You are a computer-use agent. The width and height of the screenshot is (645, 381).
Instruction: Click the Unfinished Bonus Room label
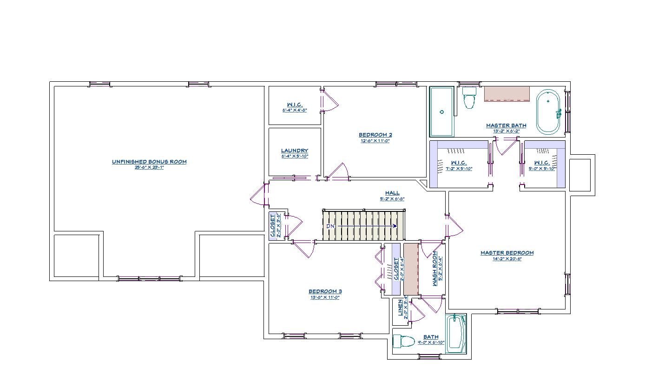pyautogui.click(x=149, y=162)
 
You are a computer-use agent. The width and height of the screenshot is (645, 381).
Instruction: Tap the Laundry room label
pyautogui.click(x=294, y=151)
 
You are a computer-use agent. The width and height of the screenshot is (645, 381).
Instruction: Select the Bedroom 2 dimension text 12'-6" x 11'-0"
pyautogui.click(x=375, y=141)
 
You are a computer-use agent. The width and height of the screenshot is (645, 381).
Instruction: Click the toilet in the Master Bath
pyautogui.click(x=470, y=97)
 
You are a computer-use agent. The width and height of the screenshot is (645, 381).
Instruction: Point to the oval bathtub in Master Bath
pyautogui.click(x=549, y=112)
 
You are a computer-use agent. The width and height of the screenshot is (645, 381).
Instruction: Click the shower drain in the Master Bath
pyautogui.click(x=442, y=112)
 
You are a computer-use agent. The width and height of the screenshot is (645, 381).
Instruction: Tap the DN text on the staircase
pyautogui.click(x=330, y=226)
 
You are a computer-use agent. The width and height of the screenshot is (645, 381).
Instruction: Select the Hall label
pyautogui.click(x=392, y=193)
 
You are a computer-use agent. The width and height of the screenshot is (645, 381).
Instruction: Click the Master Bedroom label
pyautogui.click(x=507, y=253)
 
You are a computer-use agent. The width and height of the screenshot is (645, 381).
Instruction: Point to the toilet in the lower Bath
pyautogui.click(x=404, y=342)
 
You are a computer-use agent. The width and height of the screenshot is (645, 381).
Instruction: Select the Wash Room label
pyautogui.click(x=435, y=269)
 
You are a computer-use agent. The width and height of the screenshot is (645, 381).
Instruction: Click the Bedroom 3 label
pyautogui.click(x=325, y=291)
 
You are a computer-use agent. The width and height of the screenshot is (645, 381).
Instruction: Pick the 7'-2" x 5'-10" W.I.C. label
pyautogui.click(x=459, y=163)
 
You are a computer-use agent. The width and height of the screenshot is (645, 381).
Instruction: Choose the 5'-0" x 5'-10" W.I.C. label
pyautogui.click(x=542, y=163)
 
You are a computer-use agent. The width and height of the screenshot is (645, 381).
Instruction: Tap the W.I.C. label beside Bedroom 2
pyautogui.click(x=295, y=105)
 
